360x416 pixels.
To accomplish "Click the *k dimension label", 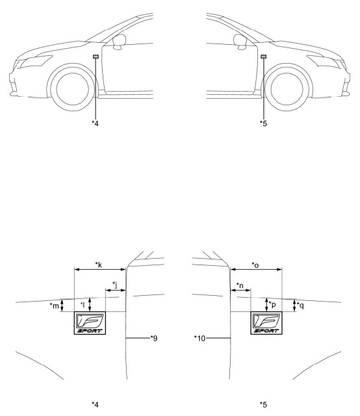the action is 99,265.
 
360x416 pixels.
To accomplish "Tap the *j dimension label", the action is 114,285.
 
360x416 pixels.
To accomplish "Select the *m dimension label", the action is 55,306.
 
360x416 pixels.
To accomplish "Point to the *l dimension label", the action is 83,305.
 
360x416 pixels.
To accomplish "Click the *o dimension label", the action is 255,265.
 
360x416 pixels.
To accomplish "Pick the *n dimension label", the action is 240,286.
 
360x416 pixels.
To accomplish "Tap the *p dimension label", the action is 272,305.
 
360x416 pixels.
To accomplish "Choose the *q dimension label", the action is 301,305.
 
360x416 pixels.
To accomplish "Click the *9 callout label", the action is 154,338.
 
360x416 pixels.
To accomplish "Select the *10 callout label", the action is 199,338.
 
